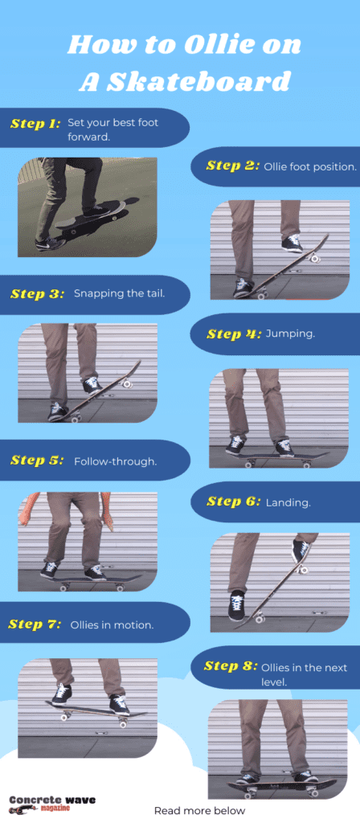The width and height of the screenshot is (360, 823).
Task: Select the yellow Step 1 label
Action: click(x=35, y=124)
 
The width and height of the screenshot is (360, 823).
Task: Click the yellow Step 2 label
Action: click(x=232, y=166)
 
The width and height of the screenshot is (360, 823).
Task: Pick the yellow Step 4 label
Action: click(x=233, y=334)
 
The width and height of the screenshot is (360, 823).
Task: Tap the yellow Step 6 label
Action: click(x=233, y=502)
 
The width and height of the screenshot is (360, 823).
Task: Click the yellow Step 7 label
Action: click(x=35, y=624)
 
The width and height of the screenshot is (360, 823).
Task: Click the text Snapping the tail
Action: click(x=119, y=293)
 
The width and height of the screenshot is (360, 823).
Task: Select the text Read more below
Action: click(x=199, y=811)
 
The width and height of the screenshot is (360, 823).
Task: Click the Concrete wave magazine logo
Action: click(x=40, y=804)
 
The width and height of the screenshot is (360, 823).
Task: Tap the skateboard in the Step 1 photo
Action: click(x=90, y=215)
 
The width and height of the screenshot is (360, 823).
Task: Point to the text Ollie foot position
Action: click(x=309, y=166)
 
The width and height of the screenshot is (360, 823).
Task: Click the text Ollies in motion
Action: click(x=112, y=624)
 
